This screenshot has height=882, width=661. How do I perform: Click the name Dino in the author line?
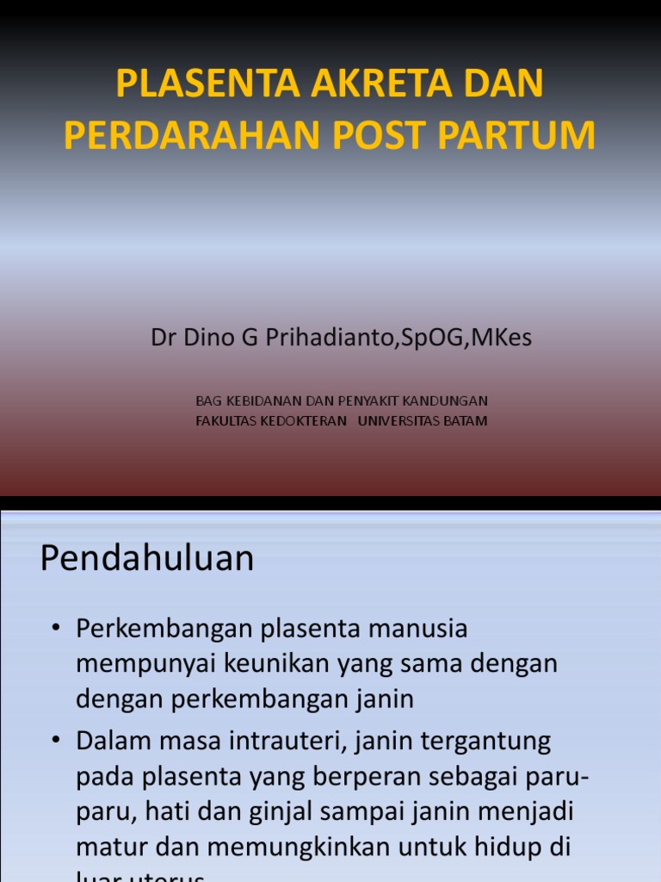(213, 338)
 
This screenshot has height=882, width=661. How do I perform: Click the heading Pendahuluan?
(147, 559)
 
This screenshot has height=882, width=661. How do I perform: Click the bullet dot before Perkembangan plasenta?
(56, 630)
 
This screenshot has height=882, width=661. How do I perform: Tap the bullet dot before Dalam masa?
(56, 742)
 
